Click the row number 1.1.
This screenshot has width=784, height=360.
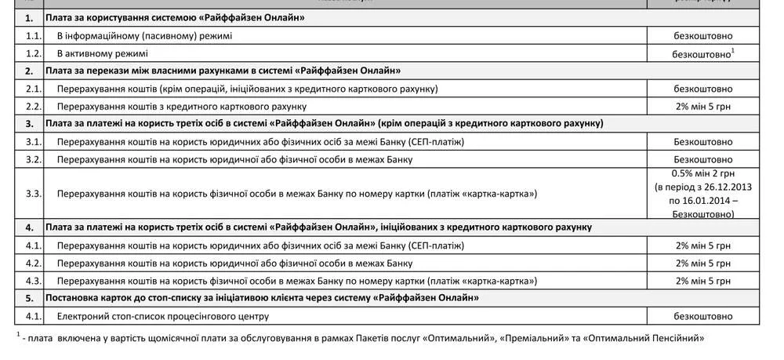pos(33,36)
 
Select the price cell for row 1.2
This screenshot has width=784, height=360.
pos(703,54)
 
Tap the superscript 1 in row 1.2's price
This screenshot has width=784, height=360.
pos(732,51)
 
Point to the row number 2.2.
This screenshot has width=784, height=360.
pos(33,106)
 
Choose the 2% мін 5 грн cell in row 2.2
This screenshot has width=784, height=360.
pos(703,106)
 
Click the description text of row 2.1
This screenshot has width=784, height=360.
pos(247,89)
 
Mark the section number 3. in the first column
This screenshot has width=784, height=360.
pos(30,123)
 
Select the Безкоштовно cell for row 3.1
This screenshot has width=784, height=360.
pos(703,141)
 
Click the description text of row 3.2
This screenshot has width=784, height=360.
pos(235,159)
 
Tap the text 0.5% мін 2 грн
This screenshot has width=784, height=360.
pos(703,173)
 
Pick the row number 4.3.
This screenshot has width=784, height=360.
pos(33,280)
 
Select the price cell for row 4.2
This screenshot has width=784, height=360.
pos(703,263)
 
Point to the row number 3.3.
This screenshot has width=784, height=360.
pos(33,193)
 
